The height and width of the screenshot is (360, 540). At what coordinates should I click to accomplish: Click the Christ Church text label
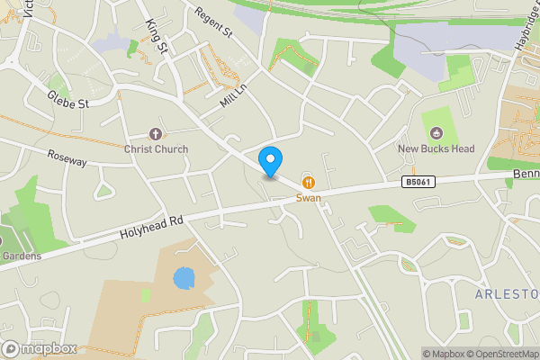point(157,149)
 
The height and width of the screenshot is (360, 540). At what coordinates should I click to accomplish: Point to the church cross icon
point(156,134)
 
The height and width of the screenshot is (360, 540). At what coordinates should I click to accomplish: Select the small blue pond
point(184,277)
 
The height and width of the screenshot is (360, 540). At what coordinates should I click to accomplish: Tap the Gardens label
point(22,256)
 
